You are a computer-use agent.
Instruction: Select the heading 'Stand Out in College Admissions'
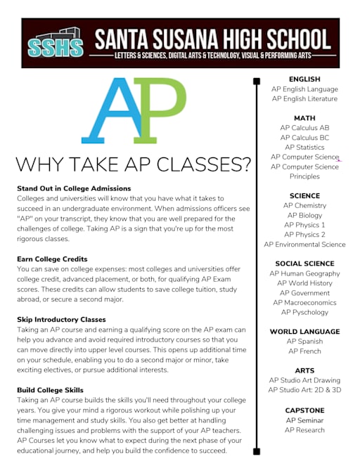point(74,188)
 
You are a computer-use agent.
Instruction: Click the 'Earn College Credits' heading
point(52,259)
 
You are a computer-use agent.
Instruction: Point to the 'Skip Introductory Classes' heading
point(60,319)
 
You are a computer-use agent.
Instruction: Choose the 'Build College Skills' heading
point(50,390)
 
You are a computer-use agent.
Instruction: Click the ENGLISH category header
point(304,79)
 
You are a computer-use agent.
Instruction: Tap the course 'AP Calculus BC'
point(304,138)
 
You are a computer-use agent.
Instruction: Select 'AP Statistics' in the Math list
point(304,148)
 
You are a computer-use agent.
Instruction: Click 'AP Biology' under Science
point(304,215)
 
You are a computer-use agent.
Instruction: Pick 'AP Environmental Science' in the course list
point(304,245)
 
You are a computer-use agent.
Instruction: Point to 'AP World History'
point(304,283)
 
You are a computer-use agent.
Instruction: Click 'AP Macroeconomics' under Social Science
point(304,302)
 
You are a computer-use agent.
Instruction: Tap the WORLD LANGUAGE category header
point(304,331)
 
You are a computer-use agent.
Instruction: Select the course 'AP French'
point(304,351)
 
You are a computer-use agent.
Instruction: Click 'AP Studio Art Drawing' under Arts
point(304,380)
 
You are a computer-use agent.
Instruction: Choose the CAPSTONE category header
point(304,409)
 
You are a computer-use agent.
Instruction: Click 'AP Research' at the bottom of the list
point(304,429)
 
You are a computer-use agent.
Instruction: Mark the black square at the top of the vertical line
point(256,82)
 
